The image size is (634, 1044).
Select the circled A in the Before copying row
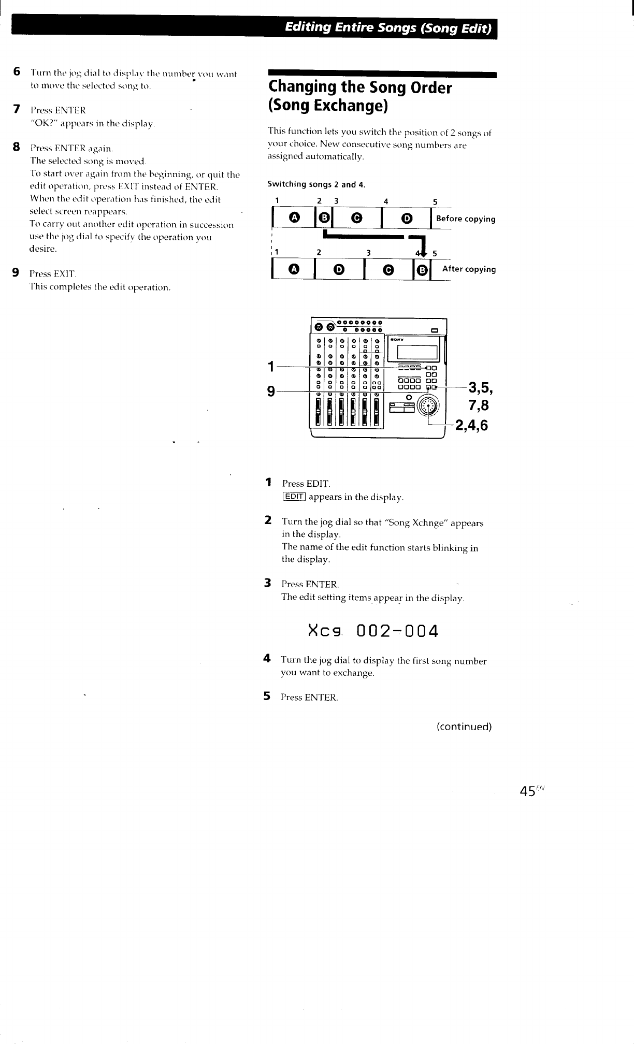click(x=294, y=218)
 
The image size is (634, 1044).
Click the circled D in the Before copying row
click(x=407, y=218)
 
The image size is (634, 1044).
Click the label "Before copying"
click(x=466, y=219)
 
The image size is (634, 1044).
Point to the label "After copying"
click(x=469, y=269)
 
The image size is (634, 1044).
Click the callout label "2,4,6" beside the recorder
click(x=471, y=425)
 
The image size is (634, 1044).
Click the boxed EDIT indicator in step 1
click(x=294, y=497)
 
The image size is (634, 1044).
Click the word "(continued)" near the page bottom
click(x=464, y=727)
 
